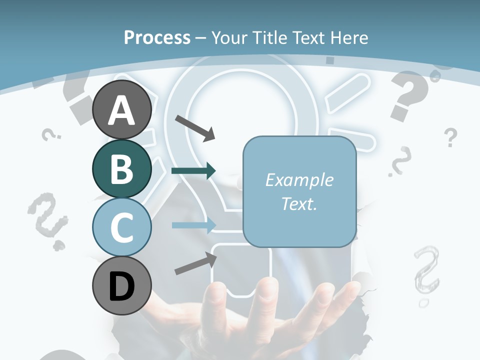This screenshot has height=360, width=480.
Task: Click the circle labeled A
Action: point(121,110)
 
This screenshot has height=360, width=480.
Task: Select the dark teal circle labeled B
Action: point(121,168)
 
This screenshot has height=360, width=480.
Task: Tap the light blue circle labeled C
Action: point(121,227)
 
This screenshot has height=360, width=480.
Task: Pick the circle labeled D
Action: point(121,286)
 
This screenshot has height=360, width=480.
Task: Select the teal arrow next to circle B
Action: point(193,171)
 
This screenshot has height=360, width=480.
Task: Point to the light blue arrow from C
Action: point(193,225)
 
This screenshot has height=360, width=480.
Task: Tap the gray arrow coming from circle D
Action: point(195,263)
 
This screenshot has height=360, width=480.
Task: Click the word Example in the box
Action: point(299,180)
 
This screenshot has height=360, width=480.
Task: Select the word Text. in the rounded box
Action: point(299,203)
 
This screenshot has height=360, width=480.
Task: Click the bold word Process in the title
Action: point(157,37)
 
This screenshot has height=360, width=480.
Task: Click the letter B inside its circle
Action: point(121,168)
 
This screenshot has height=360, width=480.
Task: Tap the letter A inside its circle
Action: point(121,110)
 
